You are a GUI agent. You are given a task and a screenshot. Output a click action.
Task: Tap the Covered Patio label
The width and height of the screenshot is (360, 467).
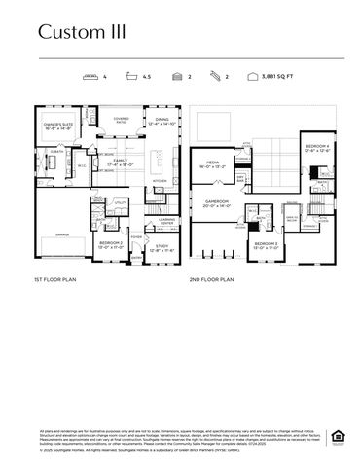click(122, 121)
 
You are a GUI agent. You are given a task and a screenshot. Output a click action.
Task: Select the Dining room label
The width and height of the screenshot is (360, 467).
click(162, 122)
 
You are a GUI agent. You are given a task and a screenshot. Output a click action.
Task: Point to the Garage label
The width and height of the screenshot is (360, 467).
click(62, 234)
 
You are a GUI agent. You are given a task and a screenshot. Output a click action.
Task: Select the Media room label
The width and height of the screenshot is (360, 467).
click(212, 163)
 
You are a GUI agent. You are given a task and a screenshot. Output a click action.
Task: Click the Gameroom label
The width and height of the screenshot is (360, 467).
click(215, 203)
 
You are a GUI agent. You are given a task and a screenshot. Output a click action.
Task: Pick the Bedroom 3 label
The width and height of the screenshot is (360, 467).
click(267, 243)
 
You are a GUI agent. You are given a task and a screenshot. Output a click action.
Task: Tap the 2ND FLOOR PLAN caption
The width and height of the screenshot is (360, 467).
click(212, 280)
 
